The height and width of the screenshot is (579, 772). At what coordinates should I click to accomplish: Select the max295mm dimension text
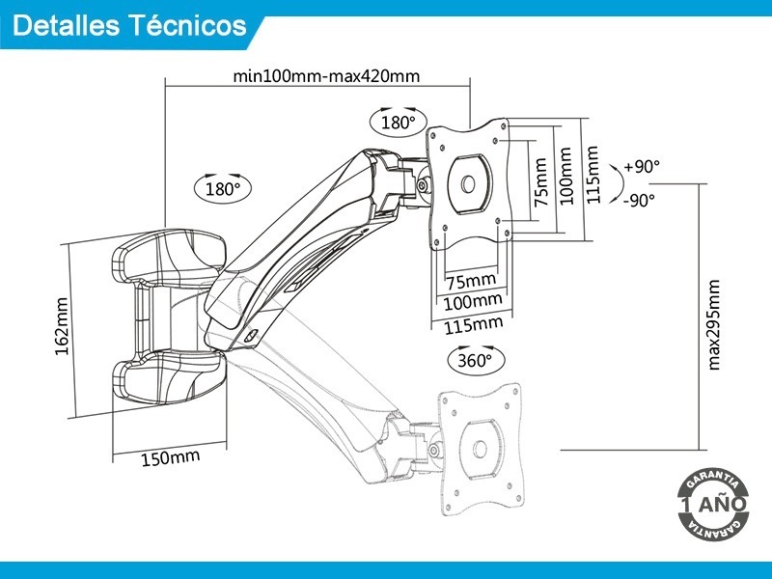point(714,324)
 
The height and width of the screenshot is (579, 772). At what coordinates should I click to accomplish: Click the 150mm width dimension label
point(171,456)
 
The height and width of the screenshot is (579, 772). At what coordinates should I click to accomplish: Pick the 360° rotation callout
point(476,361)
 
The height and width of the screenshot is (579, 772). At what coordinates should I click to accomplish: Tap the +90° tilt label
point(642,167)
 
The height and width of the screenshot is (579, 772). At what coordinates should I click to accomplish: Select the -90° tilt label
point(639,200)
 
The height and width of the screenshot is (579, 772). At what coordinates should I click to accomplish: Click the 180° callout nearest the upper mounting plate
point(398,123)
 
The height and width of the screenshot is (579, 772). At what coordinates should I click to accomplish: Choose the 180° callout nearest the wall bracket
point(222,189)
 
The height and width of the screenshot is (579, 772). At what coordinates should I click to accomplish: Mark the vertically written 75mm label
point(542,181)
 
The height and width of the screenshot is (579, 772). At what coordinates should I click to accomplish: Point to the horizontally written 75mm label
point(471,281)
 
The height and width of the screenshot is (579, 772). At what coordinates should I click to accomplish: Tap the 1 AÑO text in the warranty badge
point(713,505)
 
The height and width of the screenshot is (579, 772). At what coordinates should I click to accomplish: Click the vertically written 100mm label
point(566,176)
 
